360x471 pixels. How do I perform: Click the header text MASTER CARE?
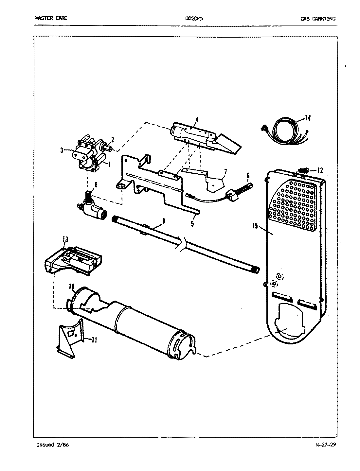point(51,18)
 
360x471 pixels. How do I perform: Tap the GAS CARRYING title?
point(318,19)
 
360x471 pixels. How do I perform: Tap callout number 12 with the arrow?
point(320,170)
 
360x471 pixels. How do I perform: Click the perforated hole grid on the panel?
point(294,204)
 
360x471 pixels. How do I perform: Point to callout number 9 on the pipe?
point(163,221)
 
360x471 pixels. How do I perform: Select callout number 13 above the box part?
point(65,239)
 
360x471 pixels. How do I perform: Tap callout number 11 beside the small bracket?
point(94,340)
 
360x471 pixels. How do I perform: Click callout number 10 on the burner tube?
point(71,287)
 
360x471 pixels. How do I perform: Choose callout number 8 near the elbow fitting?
point(96,184)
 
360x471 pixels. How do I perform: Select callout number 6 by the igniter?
point(248,176)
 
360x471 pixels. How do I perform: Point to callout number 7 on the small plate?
point(225,171)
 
